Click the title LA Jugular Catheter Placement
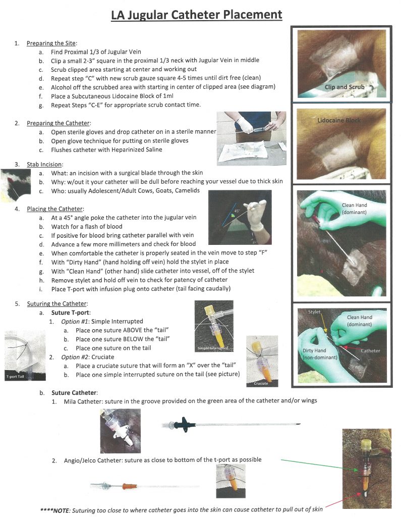[197, 15]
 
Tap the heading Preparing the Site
[51, 43]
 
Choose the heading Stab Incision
[44, 164]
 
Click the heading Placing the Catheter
[55, 209]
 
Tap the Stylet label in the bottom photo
[314, 313]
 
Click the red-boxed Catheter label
[370, 350]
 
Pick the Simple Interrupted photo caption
[213, 348]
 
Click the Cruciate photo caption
[261, 384]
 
